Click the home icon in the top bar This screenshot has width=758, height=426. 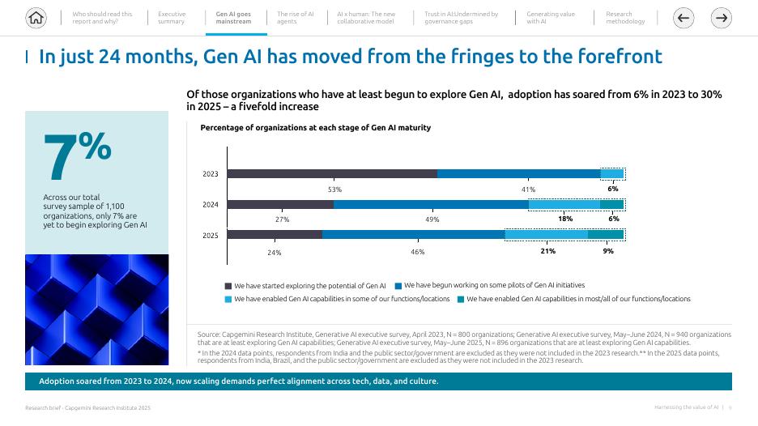tap(36, 17)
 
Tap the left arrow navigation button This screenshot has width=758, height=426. tap(683, 18)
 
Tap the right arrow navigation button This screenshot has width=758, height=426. tap(721, 18)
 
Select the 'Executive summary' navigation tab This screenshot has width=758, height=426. tap(172, 18)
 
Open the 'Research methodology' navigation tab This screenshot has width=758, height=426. tap(625, 18)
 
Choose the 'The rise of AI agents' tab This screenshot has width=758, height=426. tap(295, 18)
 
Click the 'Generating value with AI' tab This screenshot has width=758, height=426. tap(551, 18)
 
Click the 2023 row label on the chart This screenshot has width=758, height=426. tap(210, 174)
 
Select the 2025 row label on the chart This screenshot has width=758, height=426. tap(210, 236)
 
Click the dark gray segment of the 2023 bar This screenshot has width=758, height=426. tap(332, 173)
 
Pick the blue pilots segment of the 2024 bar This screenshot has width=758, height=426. tap(430, 205)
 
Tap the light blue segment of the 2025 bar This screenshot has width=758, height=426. tap(546, 235)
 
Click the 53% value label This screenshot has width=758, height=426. tap(334, 190)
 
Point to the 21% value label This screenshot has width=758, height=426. tap(547, 251)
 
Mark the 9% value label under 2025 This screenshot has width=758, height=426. tap(608, 251)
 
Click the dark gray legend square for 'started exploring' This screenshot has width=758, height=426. tap(228, 286)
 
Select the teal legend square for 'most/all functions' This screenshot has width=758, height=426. tap(461, 300)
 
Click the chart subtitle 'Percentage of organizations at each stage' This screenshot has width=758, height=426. tap(315, 128)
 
